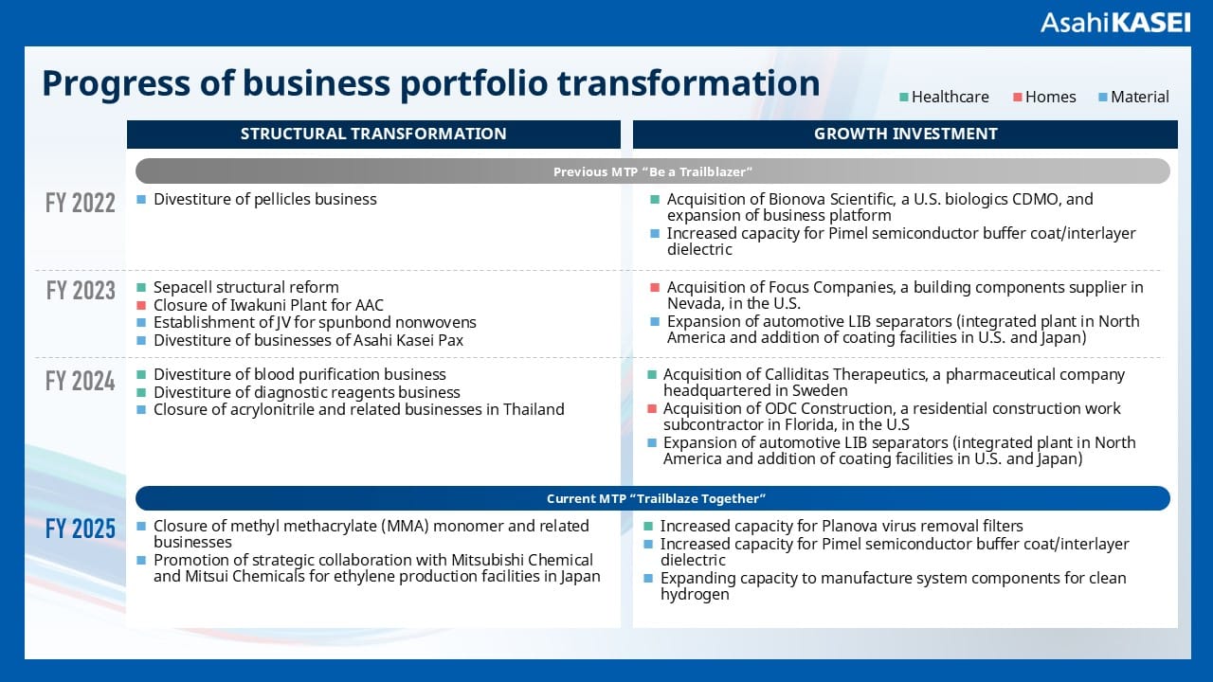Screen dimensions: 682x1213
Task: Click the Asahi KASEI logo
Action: coord(1114,23)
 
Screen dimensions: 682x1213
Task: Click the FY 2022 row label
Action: coord(81,203)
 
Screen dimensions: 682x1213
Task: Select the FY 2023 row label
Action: coord(81,290)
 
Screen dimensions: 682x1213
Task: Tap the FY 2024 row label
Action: coord(81,381)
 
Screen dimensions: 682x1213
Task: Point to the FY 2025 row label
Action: coord(81,529)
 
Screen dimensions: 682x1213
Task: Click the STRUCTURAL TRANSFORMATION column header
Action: coord(373,134)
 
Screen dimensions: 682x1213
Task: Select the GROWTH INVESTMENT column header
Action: coord(905,134)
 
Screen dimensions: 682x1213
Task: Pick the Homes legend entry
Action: coord(1044,97)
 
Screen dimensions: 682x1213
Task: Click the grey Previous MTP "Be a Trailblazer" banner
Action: coord(652,171)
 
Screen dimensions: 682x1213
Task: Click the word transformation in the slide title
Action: coord(688,83)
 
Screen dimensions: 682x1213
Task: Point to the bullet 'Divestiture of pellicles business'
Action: coord(264,199)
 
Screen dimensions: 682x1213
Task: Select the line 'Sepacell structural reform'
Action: coord(245,287)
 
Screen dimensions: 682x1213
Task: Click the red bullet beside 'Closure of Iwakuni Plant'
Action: coord(141,305)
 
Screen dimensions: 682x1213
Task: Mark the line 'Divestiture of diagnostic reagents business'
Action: coord(306,392)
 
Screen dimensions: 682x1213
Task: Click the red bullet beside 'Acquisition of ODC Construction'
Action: coord(651,409)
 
